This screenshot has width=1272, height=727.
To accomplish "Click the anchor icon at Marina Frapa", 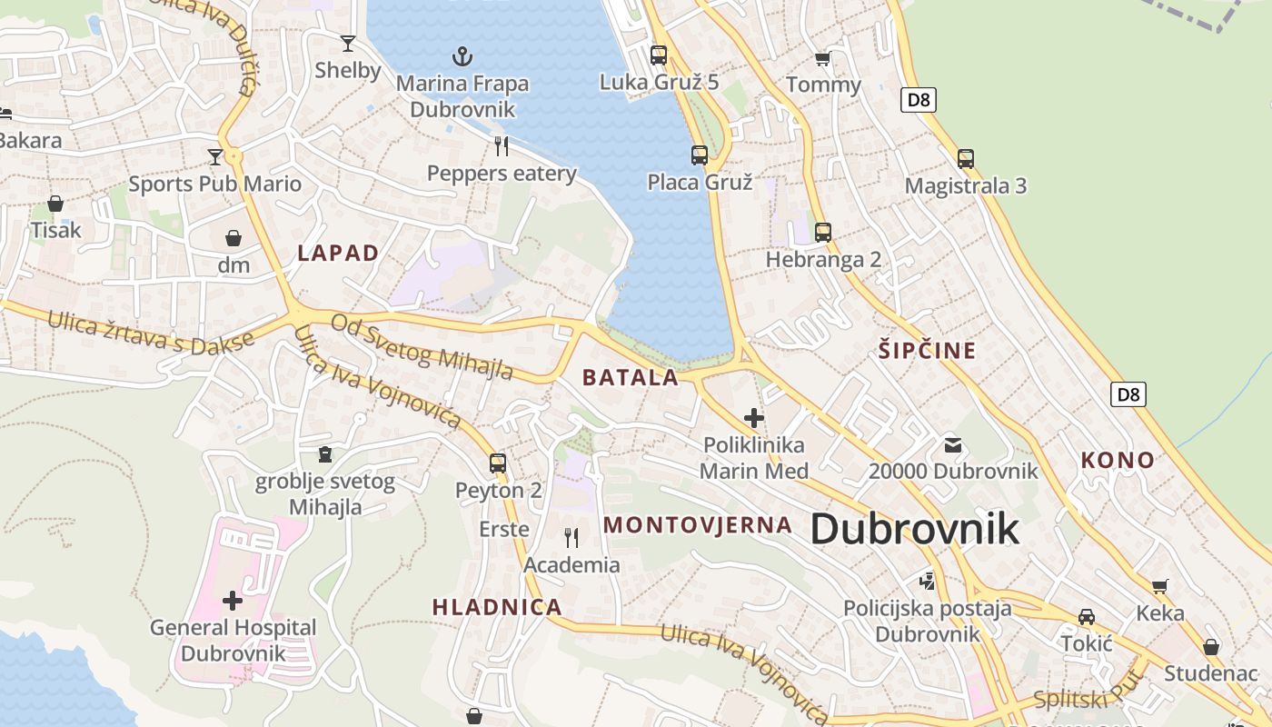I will [x=463, y=56].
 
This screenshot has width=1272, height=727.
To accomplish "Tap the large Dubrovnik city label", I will [x=914, y=529].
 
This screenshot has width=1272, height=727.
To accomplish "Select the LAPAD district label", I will [x=338, y=254].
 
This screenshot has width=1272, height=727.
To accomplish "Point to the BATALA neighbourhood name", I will [x=631, y=378].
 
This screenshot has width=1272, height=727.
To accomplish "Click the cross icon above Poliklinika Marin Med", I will [x=753, y=418].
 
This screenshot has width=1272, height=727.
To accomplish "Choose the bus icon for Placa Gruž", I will [x=699, y=155].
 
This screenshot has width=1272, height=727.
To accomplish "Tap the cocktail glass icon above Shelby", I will [x=347, y=43].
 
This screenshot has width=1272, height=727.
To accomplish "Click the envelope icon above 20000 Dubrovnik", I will [x=952, y=445].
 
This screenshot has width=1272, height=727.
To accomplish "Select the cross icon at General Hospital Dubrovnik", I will [x=233, y=601].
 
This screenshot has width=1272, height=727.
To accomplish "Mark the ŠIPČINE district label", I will [x=927, y=351].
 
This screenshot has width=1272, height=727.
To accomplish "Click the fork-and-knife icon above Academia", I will [x=571, y=538].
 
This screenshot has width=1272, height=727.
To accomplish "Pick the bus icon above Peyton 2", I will [x=498, y=463].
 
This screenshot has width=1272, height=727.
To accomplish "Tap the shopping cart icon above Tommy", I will [x=822, y=59].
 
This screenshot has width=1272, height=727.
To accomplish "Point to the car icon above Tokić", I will [x=1086, y=617].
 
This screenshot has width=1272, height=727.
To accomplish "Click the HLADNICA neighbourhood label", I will [x=497, y=607].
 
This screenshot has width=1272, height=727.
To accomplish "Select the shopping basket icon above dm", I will [x=234, y=238].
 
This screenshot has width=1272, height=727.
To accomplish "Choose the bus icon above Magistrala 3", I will [x=965, y=159].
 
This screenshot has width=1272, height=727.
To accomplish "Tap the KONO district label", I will [x=1118, y=461].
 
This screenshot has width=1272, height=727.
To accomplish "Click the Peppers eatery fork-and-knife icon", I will [x=501, y=145].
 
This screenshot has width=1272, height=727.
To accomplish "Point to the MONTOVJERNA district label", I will [x=698, y=524].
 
